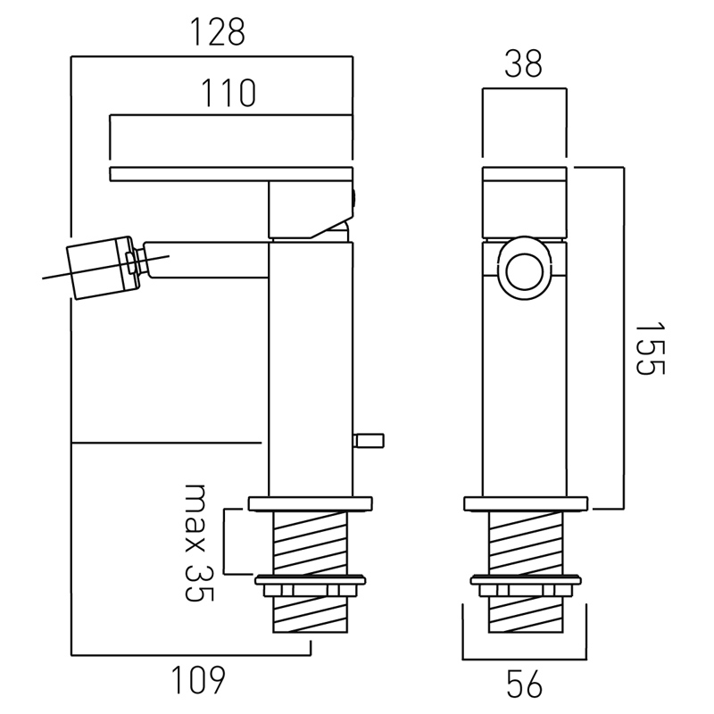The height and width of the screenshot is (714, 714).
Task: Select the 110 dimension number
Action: click(x=228, y=94)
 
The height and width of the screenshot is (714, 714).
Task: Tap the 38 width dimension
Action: click(x=523, y=65)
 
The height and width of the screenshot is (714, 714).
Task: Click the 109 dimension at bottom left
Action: click(x=196, y=682)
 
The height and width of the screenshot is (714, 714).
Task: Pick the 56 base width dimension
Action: click(x=524, y=685)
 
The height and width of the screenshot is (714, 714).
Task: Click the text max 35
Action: click(x=200, y=543)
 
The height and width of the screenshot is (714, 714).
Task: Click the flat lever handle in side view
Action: click(x=230, y=174)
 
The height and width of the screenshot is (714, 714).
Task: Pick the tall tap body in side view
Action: click(x=311, y=375)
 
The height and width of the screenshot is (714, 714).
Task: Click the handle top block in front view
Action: click(x=524, y=203)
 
